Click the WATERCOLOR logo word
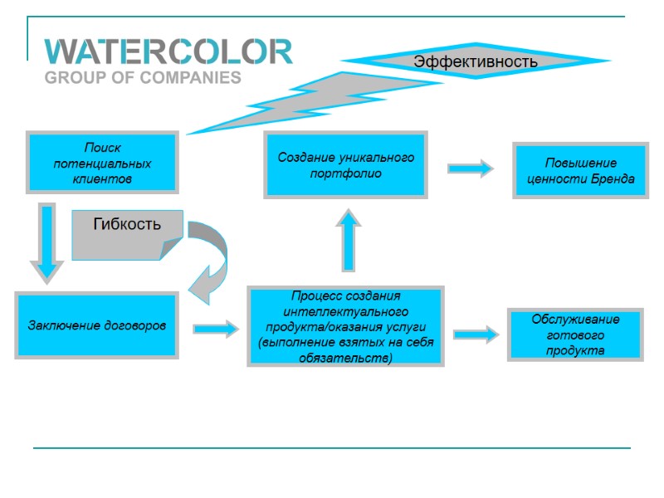pos(168,52)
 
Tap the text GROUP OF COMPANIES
pos(142,78)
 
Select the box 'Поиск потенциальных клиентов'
pos(102,163)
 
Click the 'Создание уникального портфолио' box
pos(345,164)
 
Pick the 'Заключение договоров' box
pos(96,325)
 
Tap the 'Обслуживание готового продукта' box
pos(574,334)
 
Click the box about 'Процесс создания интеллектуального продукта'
pos(345,326)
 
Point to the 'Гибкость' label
pos(126,224)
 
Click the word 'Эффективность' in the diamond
pos(476,61)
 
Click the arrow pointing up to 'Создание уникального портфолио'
pos(349,240)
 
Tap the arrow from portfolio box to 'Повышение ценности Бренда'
pos(471,168)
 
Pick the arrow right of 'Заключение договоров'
pos(216,329)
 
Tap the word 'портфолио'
pos(345,173)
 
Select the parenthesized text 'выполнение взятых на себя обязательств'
pos(345,349)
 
